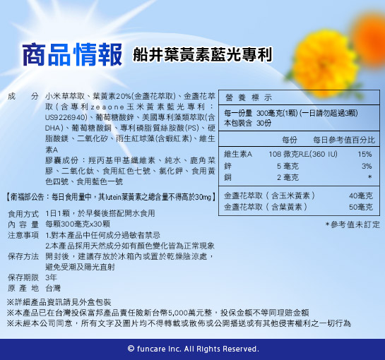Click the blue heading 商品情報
pos(72,54)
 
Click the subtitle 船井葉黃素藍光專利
pos(202,54)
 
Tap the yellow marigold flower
pos(324,63)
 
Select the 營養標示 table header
pos(249,97)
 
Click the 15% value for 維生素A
pos(365,154)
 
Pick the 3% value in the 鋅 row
pos(367,166)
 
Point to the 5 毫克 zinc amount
pos(288,166)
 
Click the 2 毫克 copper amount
pos(288,177)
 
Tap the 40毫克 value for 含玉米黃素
pos(361,196)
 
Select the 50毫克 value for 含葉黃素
pos(361,207)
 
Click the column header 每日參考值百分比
pos(344,140)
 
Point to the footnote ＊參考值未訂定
pos(353,224)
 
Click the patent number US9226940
pos(66,118)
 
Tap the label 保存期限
pos(23,277)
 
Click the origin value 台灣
pos(53,288)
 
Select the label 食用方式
pos(23,214)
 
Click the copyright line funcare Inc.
pos(194,349)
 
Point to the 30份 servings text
pos(264,123)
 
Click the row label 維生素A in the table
pos(238,154)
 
